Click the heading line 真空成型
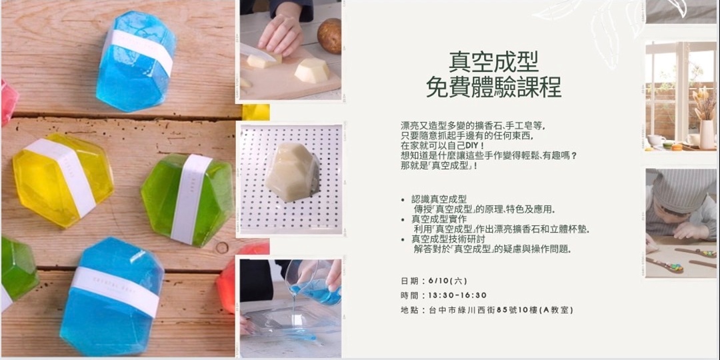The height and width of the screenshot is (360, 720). pyautogui.click(x=493, y=62)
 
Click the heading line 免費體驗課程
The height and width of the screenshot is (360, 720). pyautogui.click(x=493, y=87)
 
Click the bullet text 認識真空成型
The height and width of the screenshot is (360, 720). pyautogui.click(x=439, y=199)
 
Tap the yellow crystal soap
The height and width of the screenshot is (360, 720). pyautogui.click(x=63, y=179)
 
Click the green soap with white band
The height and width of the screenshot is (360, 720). pyautogui.click(x=187, y=200)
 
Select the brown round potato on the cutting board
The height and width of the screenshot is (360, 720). pyautogui.click(x=329, y=36)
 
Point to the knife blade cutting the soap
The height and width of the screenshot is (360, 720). pyautogui.click(x=257, y=53)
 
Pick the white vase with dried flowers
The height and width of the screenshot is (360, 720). pyautogui.click(x=707, y=134)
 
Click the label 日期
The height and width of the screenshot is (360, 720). pyautogui.click(x=409, y=281)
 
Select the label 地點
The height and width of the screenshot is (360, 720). pyautogui.click(x=409, y=310)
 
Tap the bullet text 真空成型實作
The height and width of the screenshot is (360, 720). pyautogui.click(x=439, y=219)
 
